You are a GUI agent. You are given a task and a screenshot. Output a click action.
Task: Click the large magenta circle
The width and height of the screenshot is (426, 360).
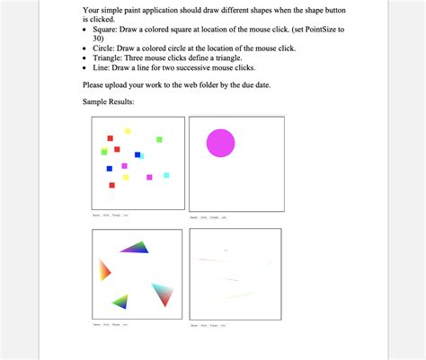[x=220, y=143]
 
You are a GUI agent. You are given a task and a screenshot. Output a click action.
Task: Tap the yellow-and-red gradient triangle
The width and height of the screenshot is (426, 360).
[x=104, y=269]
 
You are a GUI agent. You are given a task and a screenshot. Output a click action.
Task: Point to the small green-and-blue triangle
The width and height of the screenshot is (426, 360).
[x=120, y=301]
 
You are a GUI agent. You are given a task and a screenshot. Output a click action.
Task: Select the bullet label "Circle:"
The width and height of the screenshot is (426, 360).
[x=103, y=48]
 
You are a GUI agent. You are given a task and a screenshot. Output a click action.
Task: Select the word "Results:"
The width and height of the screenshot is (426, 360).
[x=121, y=102]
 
